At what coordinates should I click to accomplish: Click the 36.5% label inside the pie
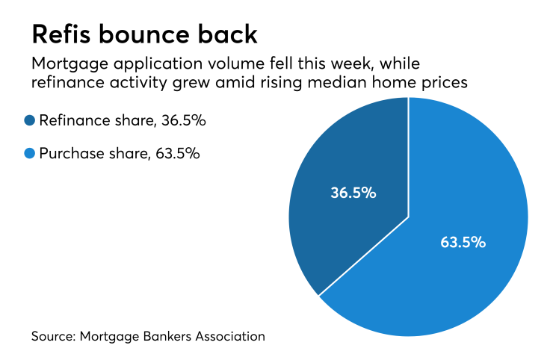(x=353, y=193)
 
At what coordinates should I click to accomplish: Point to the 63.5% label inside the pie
(x=463, y=242)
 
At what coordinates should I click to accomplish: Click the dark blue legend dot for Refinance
(x=29, y=120)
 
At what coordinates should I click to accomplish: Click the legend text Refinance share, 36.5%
(x=111, y=120)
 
